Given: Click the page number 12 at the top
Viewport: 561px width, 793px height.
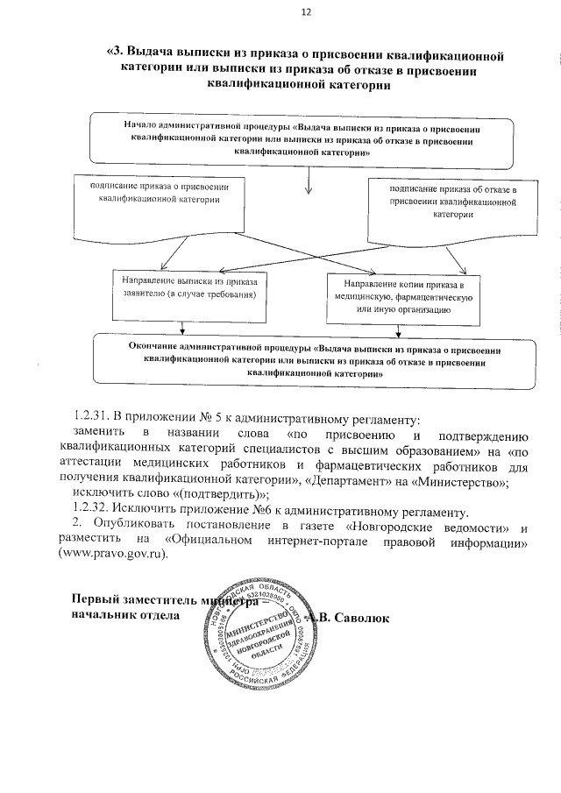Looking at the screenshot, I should pos(306,11).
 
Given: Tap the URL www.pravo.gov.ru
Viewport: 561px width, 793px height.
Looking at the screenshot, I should pos(111,555).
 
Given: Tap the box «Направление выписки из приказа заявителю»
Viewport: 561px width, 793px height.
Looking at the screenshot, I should pos(188,288).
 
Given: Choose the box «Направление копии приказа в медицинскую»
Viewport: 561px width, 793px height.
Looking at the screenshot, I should pos(401,297).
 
